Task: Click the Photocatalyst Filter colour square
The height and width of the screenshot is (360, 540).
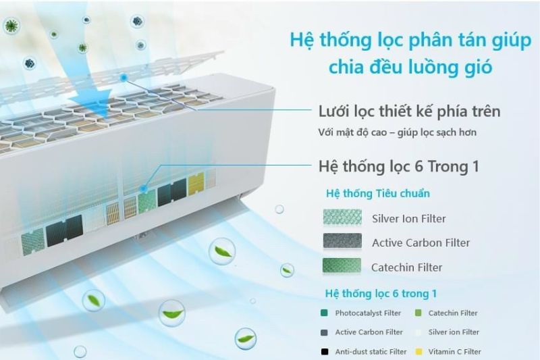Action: click(325, 313)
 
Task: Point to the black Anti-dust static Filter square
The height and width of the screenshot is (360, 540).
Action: click(325, 351)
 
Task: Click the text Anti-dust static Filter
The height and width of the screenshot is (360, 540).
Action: click(371, 351)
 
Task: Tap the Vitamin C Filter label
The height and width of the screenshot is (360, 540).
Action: click(454, 351)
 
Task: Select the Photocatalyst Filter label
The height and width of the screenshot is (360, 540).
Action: click(368, 313)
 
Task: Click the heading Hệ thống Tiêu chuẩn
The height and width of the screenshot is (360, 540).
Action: click(377, 194)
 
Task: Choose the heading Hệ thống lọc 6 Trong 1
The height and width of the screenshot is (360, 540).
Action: click(398, 166)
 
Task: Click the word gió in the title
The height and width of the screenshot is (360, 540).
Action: click(477, 68)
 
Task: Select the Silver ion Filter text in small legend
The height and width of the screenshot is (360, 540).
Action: click(454, 332)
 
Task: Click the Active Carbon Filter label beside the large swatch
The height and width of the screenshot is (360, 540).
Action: click(421, 242)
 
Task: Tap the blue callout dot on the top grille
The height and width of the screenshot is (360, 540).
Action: click(124, 78)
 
